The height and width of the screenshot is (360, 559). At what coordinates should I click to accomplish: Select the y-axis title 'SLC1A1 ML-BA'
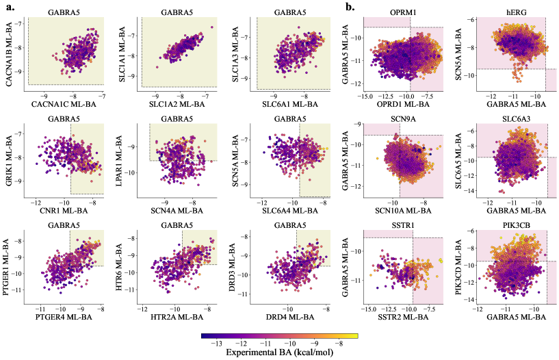coord(124,51)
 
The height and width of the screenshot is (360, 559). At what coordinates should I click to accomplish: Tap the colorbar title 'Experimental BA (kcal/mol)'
coord(280,353)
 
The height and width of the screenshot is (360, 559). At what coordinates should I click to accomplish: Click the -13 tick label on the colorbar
coord(216,344)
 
